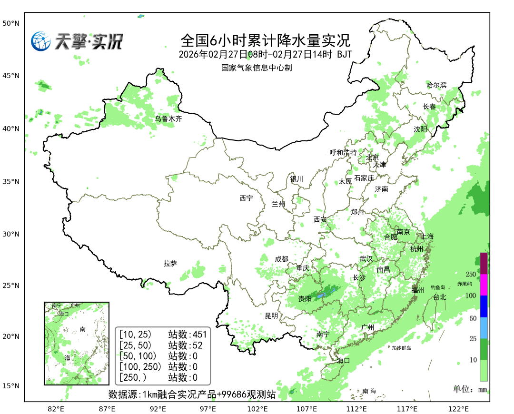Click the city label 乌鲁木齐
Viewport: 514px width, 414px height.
[x=168, y=119]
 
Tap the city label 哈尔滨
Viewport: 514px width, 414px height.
[x=436, y=85]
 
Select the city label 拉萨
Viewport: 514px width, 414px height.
[x=170, y=263]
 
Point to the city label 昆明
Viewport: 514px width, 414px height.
[x=271, y=315]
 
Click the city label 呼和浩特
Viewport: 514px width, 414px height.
[x=343, y=153]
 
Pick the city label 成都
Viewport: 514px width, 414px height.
[x=281, y=259]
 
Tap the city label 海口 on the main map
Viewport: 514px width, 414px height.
[x=343, y=360]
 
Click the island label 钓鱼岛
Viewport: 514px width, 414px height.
[x=437, y=287]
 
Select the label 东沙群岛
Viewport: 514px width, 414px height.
[x=401, y=348]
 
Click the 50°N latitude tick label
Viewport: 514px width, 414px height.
[x=10, y=23]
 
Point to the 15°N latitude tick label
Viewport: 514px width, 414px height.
[x=10, y=386]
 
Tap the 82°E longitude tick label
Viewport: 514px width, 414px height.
[x=56, y=408]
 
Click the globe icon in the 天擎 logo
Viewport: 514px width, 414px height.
[x=41, y=41]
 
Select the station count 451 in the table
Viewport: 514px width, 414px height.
[x=199, y=334]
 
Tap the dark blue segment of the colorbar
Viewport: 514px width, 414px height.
[x=484, y=306]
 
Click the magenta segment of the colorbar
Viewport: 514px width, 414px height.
[x=484, y=285]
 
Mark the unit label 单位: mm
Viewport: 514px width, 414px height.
[x=470, y=389]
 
